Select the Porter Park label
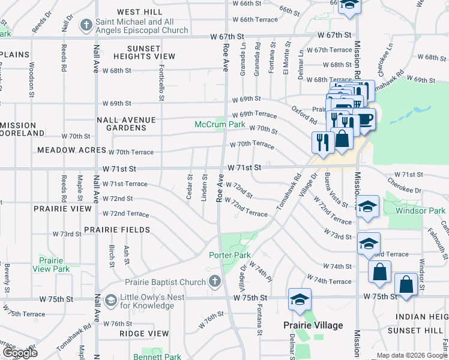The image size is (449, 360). pos(229,255)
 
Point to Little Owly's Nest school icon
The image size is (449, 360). pos(110,299)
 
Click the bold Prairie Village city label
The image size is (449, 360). pos(313,325)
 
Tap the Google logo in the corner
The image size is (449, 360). pos(19,353)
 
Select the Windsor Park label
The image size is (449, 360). pos(421,211)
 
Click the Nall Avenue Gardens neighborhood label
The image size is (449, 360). pos(126,124)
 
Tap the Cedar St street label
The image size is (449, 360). pos(189,187)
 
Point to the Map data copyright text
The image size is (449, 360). pos(411,355)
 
